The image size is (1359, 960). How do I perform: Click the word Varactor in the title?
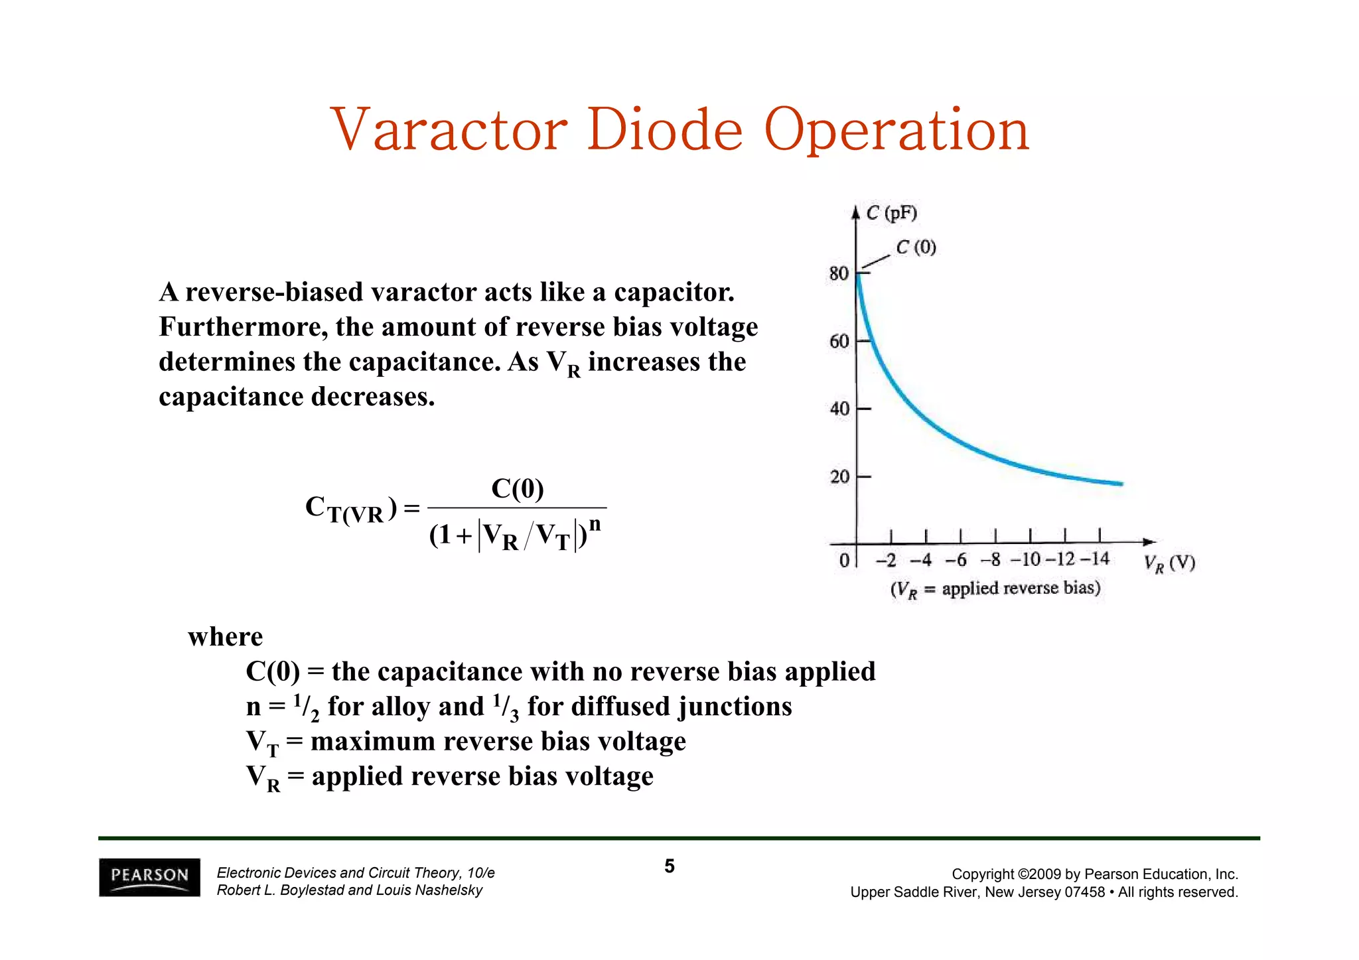click(x=449, y=129)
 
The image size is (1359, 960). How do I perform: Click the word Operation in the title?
click(x=896, y=131)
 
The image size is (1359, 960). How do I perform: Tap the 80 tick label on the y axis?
click(x=839, y=273)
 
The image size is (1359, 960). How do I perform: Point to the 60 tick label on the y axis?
click(x=839, y=342)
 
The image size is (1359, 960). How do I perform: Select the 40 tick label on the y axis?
click(x=839, y=409)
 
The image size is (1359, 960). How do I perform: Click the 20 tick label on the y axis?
click(x=839, y=477)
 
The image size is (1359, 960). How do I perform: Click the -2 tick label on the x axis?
click(x=886, y=561)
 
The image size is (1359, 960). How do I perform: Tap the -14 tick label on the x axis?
click(x=1094, y=559)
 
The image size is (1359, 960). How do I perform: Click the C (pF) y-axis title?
click(x=891, y=213)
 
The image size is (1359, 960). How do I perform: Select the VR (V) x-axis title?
click(x=1169, y=564)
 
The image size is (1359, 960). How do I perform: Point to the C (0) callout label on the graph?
click(x=916, y=247)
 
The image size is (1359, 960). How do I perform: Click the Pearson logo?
click(x=149, y=876)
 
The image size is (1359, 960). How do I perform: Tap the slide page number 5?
click(x=670, y=866)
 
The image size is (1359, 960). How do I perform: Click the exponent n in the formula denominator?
click(x=595, y=524)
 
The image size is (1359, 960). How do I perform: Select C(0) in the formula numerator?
click(x=517, y=489)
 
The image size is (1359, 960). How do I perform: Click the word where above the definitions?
click(x=226, y=637)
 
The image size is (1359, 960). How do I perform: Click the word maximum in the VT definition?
click(x=372, y=741)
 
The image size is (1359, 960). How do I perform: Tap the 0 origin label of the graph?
click(x=843, y=561)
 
